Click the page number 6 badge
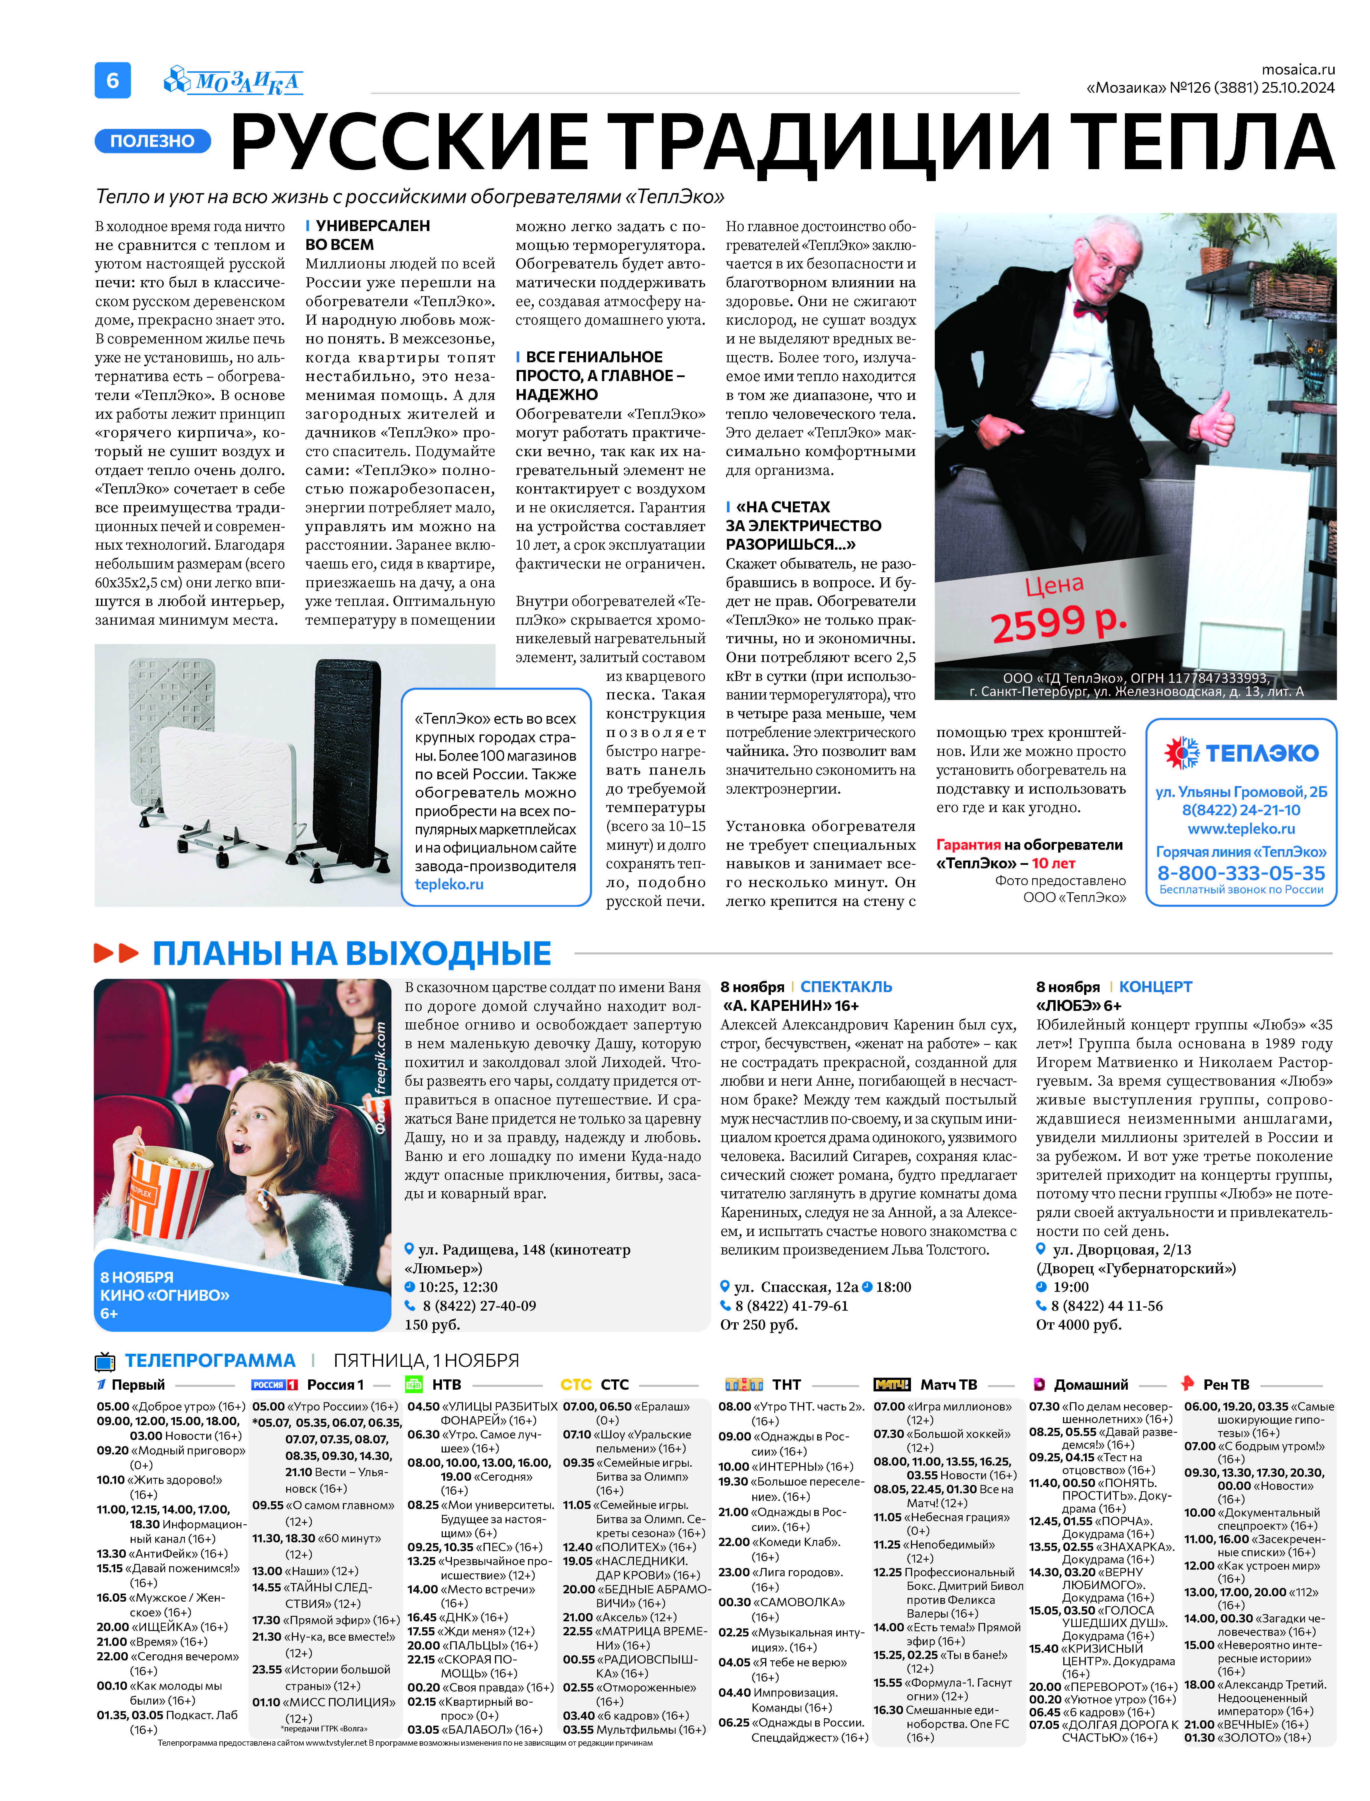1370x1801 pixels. click(112, 80)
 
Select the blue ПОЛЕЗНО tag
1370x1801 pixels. click(153, 141)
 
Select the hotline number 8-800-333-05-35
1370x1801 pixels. click(1241, 872)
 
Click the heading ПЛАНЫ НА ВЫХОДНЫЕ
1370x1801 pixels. click(351, 953)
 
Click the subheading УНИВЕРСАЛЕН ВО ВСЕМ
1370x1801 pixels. click(367, 235)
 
